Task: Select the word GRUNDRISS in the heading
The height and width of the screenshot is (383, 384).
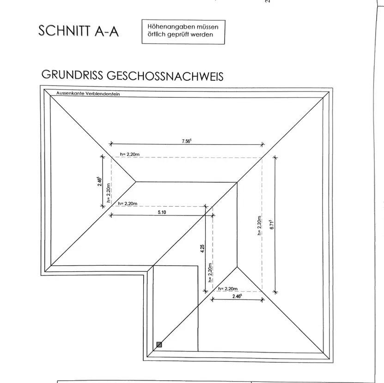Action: [x=73, y=75]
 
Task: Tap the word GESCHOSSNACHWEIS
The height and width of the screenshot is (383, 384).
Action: [x=165, y=75]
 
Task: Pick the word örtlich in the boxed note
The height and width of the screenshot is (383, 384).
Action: [x=158, y=35]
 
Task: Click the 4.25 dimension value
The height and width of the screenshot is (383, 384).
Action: [x=202, y=249]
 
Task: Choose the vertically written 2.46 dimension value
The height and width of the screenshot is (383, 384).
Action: [x=99, y=181]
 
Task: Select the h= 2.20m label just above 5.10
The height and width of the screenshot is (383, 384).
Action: [x=128, y=203]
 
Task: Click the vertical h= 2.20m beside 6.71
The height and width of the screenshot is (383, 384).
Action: [x=260, y=226]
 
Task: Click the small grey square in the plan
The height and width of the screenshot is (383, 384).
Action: [x=159, y=344]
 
